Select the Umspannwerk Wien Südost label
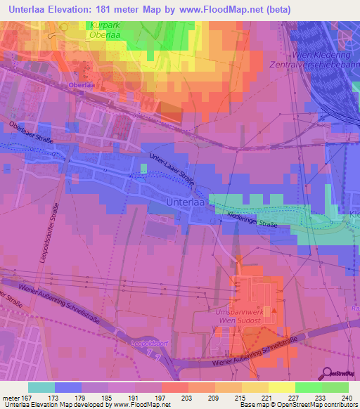coord(238,316)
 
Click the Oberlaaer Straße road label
coord(26,131)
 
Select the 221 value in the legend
coord(268,397)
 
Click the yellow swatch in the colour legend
coord(281,387)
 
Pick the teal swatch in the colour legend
coord(41,387)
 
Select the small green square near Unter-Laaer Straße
coord(143,168)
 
